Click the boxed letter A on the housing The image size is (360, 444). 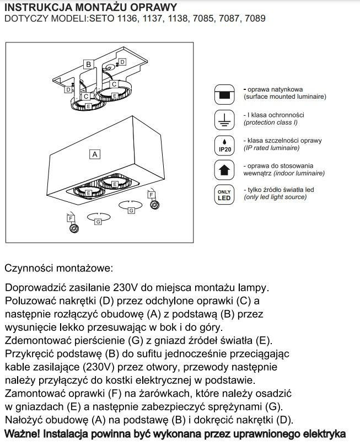(94, 154)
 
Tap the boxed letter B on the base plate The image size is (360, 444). (88, 65)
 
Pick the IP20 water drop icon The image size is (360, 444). (224, 144)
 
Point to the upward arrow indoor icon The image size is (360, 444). (224, 169)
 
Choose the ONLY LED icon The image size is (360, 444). (224, 195)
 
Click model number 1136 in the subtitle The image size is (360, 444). (126, 18)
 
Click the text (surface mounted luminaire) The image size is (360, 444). (285, 97)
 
